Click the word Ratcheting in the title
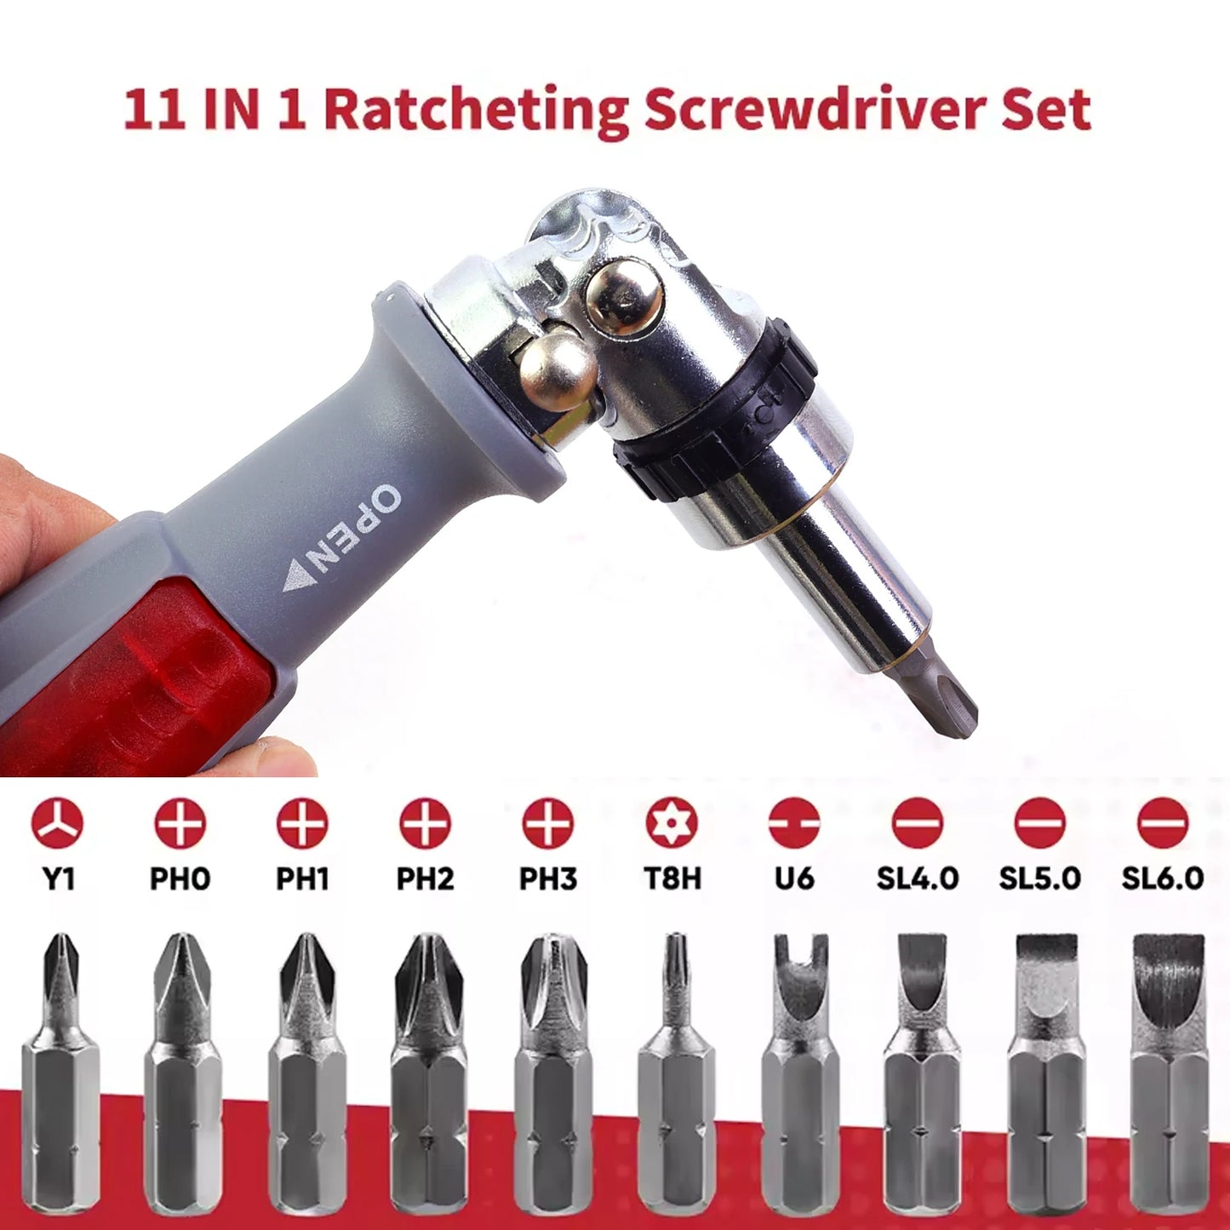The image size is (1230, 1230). tap(476, 111)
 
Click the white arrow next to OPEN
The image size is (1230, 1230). tap(298, 576)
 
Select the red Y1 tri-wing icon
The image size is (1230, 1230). tap(57, 823)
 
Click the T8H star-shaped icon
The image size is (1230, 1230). tap(671, 823)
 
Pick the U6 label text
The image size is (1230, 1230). tap(793, 878)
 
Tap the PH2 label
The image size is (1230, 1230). tap(425, 878)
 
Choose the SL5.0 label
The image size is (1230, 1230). tap(1039, 878)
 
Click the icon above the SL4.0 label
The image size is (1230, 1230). tap(917, 823)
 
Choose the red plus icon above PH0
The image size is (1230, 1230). tap(180, 823)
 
